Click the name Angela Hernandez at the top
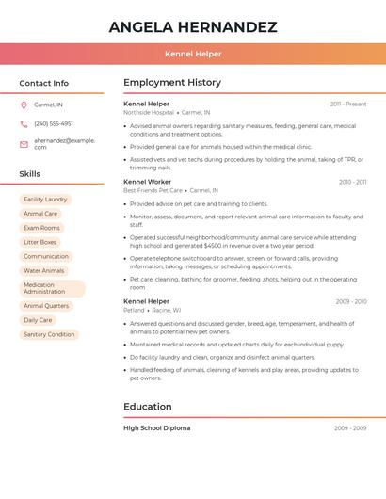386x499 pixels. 193,26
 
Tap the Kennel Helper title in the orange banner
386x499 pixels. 193,54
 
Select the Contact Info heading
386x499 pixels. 44,83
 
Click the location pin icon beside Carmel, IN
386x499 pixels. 24,105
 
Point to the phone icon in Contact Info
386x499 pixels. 24,123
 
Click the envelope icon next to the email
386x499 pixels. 24,144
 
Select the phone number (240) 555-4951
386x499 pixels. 54,123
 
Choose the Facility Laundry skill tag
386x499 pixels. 45,200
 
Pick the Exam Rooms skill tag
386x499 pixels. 41,228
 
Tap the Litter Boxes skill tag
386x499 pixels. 40,242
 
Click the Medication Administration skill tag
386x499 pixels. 52,288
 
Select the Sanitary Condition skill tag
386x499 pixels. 49,334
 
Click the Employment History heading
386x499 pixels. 172,83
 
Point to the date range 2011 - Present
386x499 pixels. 348,104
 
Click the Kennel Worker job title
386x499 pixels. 147,182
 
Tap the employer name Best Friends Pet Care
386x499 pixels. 153,190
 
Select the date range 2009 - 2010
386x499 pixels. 351,301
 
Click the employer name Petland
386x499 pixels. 134,310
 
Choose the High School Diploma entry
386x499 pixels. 156,428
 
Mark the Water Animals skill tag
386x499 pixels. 44,270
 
